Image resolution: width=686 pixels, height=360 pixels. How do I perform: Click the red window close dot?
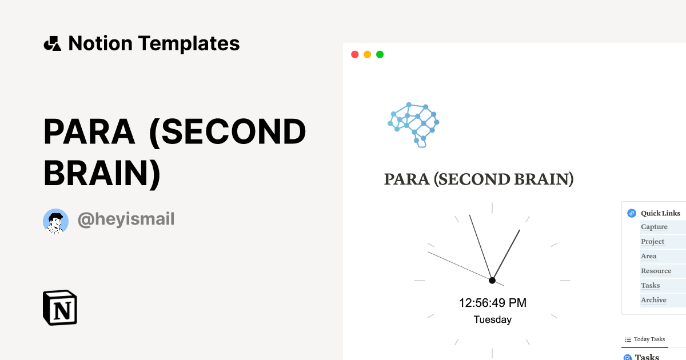354,54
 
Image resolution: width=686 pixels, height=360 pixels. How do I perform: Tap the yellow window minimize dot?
367,54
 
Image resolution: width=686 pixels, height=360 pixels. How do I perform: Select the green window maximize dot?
380,54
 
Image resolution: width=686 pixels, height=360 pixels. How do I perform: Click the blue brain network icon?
413,125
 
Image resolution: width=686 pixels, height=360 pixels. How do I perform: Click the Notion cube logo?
60,308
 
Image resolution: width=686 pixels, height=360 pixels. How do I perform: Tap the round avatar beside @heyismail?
56,221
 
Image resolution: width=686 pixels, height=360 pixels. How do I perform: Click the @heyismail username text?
126,219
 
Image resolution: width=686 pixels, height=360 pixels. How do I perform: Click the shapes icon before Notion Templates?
52,43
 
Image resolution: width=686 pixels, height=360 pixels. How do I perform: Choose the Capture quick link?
654,227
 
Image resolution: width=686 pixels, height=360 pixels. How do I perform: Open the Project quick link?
652,242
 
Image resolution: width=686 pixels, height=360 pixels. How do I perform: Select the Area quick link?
648,256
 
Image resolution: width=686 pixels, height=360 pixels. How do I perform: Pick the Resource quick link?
656,271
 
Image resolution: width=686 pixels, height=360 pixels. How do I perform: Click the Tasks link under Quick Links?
650,285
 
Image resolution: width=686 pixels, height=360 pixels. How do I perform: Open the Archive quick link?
653,300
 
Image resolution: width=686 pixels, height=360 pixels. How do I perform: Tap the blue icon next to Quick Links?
632,213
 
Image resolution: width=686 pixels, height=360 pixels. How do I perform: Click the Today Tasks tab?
645,339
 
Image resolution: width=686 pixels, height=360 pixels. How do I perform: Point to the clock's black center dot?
492,280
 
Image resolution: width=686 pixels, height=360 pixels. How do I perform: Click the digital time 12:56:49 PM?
492,303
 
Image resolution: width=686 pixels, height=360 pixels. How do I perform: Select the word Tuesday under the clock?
492,320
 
